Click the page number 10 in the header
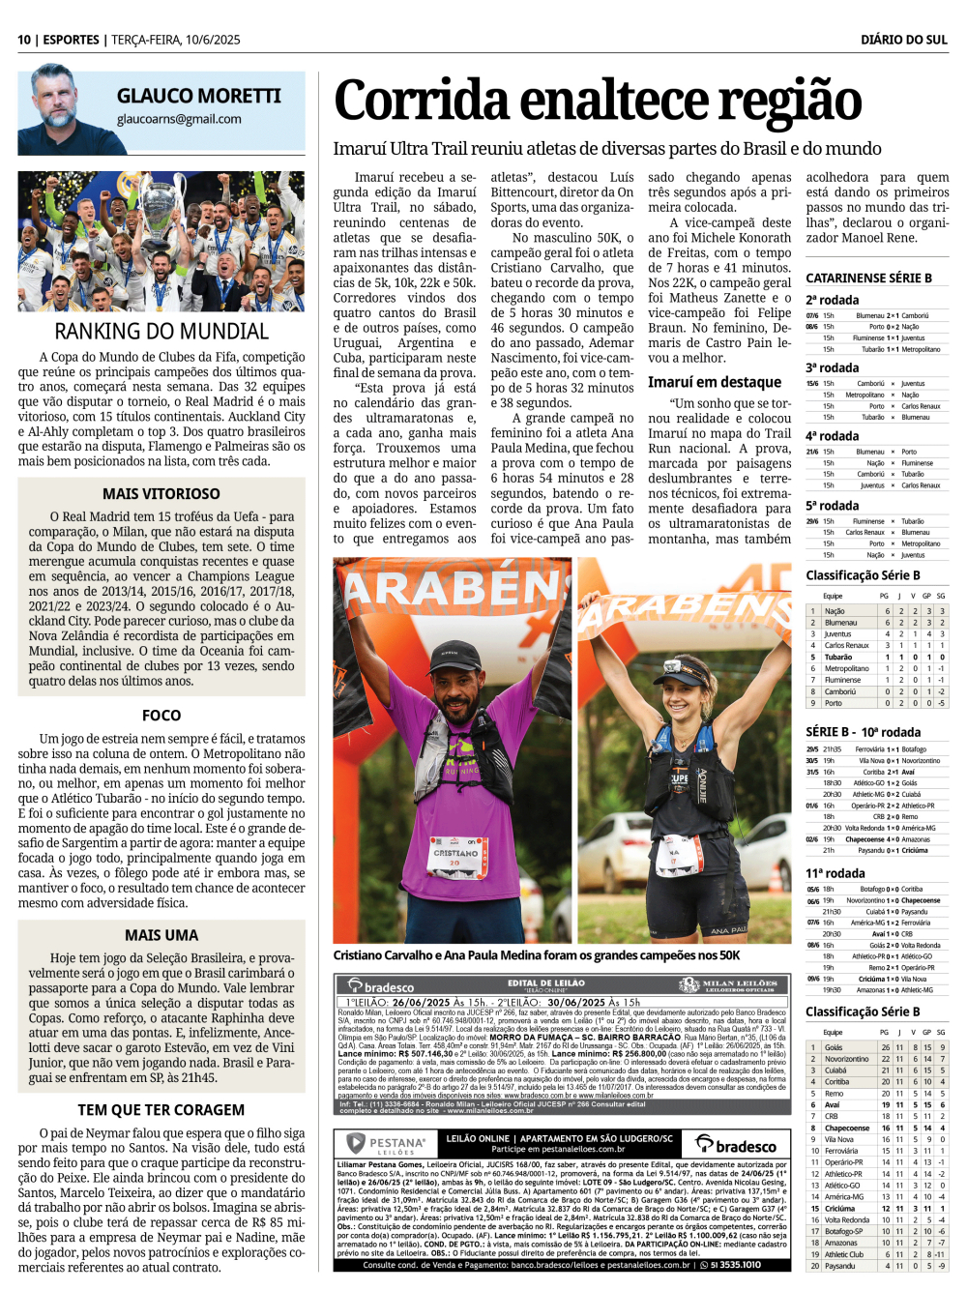[x=24, y=40]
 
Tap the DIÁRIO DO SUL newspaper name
[x=903, y=40]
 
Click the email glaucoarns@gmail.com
[x=179, y=119]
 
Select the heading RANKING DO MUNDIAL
[x=161, y=332]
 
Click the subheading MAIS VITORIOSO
[x=161, y=493]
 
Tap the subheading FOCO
[x=161, y=716]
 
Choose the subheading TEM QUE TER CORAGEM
[x=161, y=1110]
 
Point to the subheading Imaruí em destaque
[x=715, y=382]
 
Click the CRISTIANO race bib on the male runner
[x=455, y=857]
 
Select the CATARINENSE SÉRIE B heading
[x=868, y=278]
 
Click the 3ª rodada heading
[x=832, y=367]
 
